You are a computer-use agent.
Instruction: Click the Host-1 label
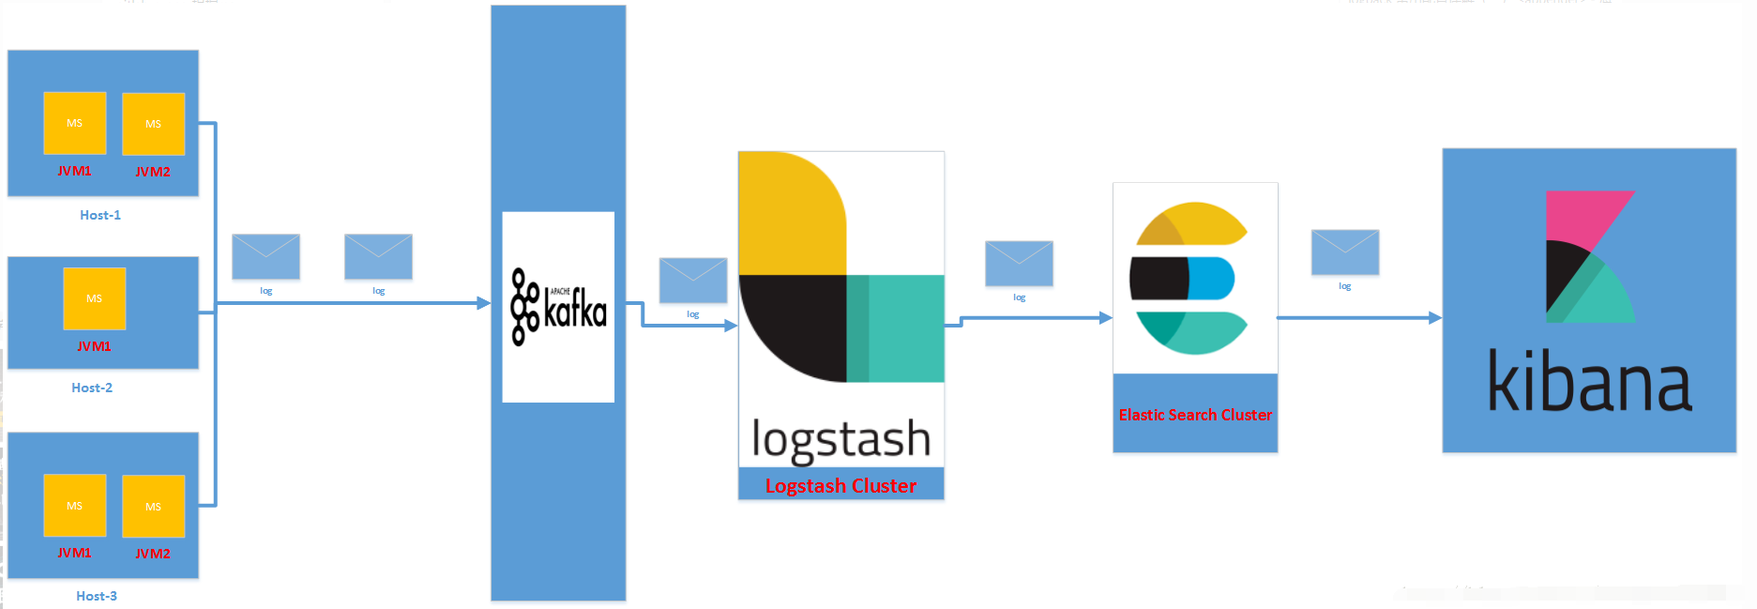[x=100, y=215]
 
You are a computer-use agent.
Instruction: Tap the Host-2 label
[x=92, y=388]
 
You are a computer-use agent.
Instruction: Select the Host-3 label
[x=97, y=596]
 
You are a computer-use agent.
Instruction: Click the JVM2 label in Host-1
[x=153, y=172]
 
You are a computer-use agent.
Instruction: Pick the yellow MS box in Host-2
[x=94, y=298]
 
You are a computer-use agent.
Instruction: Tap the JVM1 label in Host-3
[x=74, y=553]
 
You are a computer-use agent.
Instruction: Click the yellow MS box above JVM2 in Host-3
[x=153, y=506]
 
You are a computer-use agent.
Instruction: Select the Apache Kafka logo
[x=558, y=307]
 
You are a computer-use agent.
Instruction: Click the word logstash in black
[x=841, y=439]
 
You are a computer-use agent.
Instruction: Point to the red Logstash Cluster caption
[x=841, y=486]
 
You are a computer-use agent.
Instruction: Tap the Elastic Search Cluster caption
[x=1195, y=415]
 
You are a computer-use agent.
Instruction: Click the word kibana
[x=1589, y=382]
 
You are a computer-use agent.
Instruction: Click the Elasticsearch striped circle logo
[x=1189, y=278]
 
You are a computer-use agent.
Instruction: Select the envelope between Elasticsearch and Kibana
[x=1344, y=251]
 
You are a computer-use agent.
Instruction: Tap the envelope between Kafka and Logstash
[x=693, y=280]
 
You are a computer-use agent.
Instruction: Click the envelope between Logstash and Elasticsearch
[x=1019, y=264]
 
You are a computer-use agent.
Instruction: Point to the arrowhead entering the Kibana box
[x=1435, y=318]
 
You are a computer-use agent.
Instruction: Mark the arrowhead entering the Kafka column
[x=484, y=303]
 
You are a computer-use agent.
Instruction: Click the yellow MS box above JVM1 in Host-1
[x=74, y=123]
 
